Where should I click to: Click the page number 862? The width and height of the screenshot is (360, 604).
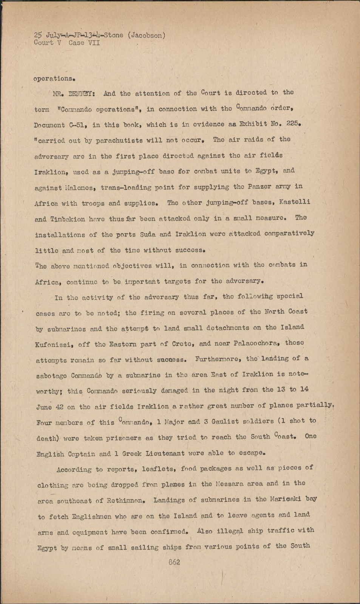click(174, 562)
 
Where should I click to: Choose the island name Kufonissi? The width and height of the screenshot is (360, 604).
click(55, 344)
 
